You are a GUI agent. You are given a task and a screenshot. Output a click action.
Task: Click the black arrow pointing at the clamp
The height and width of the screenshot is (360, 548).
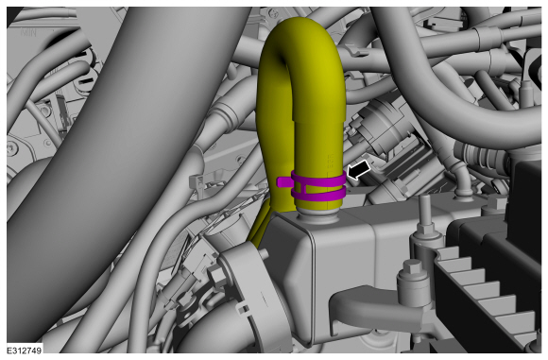pyautogui.click(x=359, y=171)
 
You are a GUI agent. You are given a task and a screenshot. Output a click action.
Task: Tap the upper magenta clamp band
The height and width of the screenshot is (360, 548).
pyautogui.click(x=318, y=180)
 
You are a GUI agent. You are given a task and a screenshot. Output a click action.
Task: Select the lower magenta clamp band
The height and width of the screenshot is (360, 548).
pyautogui.click(x=318, y=195)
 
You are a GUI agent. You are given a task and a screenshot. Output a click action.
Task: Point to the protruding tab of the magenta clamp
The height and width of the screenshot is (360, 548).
pyautogui.click(x=283, y=181)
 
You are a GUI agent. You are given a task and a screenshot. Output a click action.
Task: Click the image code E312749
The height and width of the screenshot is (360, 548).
pyautogui.click(x=25, y=350)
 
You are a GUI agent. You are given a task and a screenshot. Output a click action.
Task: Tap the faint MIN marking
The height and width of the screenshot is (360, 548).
pyautogui.click(x=28, y=32)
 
